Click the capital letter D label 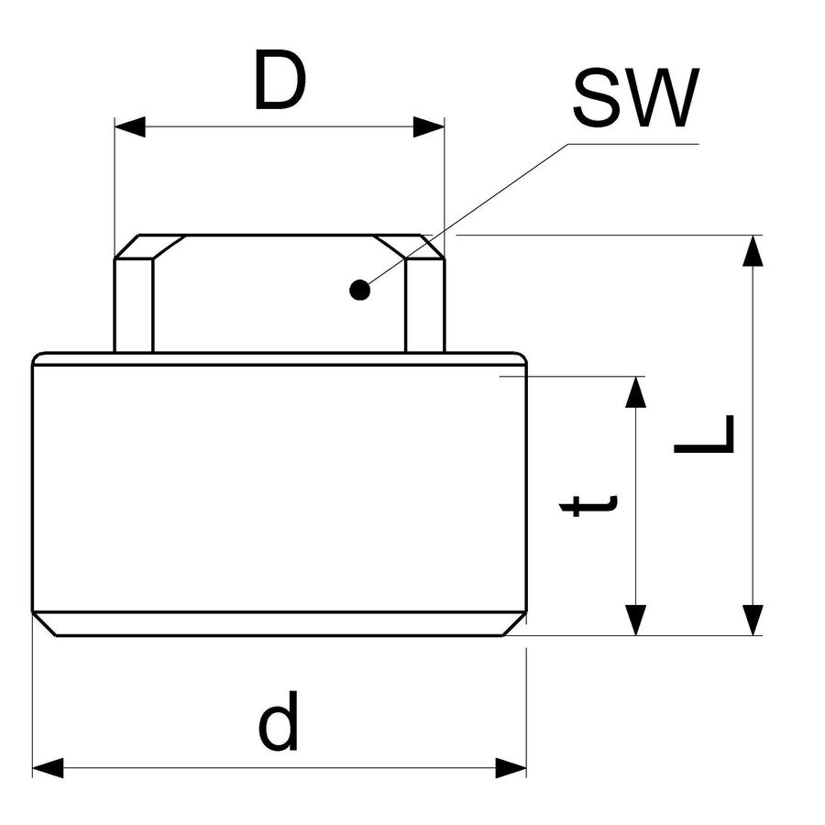[280, 81]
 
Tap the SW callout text [636, 98]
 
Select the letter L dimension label [704, 434]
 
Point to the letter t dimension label [588, 505]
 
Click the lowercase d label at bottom [279, 720]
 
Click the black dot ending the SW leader [360, 290]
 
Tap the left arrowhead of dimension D [130, 126]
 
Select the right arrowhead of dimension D [429, 126]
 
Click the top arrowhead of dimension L [753, 251]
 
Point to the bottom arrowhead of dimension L [753, 621]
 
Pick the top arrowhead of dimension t [635, 392]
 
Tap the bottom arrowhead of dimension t [635, 621]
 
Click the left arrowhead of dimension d [48, 768]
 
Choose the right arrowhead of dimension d [511, 768]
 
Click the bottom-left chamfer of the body [44, 624]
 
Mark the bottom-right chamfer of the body [515, 624]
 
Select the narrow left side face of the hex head [134, 305]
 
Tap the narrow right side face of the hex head [425, 305]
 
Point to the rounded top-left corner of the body [37, 357]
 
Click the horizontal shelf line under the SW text [633, 144]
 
